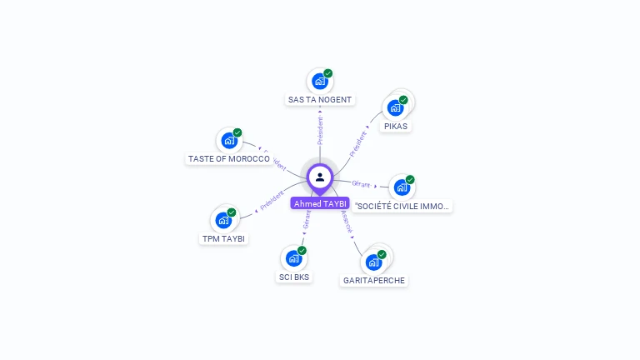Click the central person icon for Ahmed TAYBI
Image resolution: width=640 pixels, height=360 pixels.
320,177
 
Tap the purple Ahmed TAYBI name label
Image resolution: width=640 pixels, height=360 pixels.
320,203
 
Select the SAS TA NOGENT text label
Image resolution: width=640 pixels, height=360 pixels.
320,100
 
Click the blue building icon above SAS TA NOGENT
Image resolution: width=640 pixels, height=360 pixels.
318,82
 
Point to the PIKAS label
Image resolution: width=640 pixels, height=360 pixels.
396,127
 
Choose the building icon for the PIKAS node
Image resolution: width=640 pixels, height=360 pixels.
395,107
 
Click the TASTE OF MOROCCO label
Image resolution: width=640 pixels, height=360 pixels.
228,158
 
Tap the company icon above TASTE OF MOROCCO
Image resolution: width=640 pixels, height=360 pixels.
228,141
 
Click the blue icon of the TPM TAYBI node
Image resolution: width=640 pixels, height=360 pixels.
223,220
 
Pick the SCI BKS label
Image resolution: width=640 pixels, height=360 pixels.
293,277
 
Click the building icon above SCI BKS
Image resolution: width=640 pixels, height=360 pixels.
292,258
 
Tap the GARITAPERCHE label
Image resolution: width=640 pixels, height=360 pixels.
374,281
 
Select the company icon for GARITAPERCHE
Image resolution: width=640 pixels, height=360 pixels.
373,262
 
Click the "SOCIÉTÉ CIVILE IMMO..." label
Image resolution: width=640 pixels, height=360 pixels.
402,206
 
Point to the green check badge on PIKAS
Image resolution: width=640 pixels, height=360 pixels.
403,100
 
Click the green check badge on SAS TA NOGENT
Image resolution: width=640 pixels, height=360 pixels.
328,73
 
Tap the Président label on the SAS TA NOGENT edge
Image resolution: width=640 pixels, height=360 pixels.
320,130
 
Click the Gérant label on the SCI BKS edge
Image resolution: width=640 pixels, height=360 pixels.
307,220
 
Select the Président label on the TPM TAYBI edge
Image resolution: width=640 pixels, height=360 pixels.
272,200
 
